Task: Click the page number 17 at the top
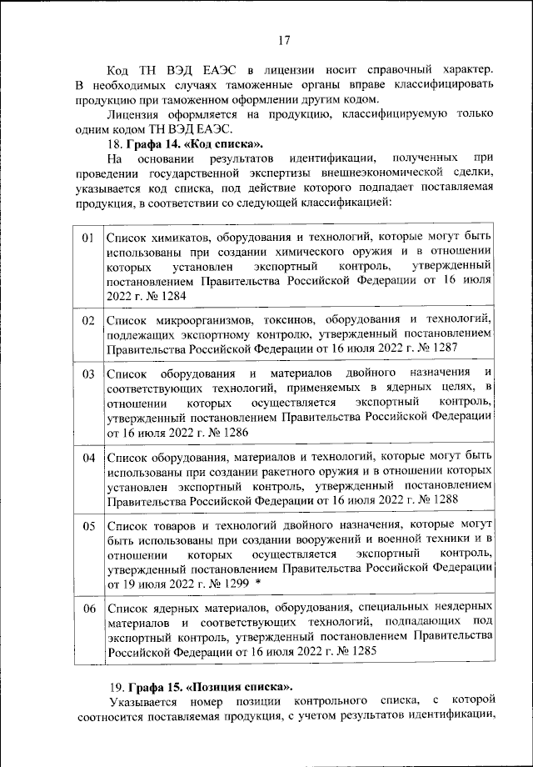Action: pyautogui.click(x=283, y=39)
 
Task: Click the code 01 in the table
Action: pyautogui.click(x=87, y=239)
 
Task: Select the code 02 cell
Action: pyautogui.click(x=87, y=320)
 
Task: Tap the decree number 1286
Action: pyautogui.click(x=231, y=433)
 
